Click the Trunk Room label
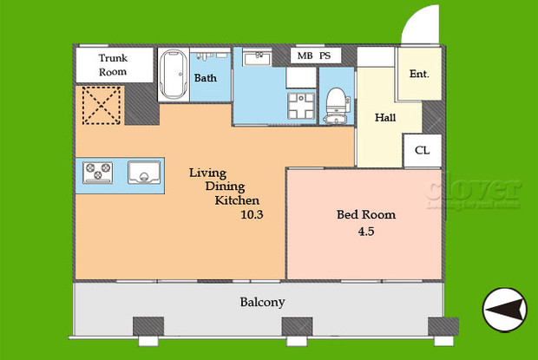(113, 65)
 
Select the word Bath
(206, 78)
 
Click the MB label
(305, 56)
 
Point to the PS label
(326, 56)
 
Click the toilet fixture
(335, 105)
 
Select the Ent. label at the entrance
(420, 75)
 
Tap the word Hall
(386, 117)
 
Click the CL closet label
(423, 150)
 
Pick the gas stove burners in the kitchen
(99, 172)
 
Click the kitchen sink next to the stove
(144, 172)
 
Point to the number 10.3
(252, 215)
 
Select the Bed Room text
(366, 214)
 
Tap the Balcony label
(262, 302)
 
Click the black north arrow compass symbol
(504, 308)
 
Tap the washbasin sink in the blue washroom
(256, 58)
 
